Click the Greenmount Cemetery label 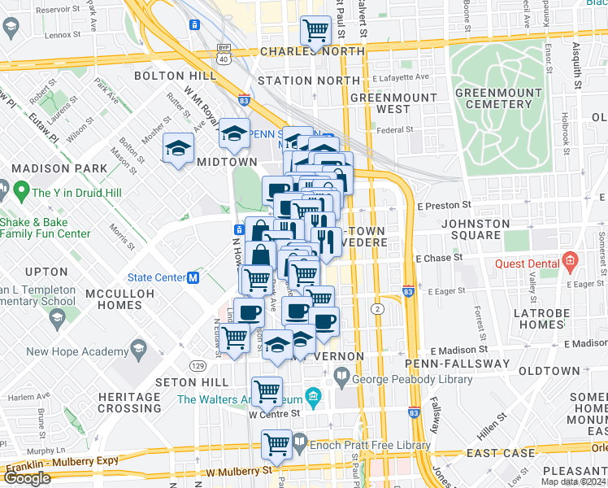(493, 98)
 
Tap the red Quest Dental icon (570, 264)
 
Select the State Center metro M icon (193, 277)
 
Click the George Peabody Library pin (340, 377)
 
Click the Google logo (27, 478)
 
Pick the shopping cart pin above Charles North (315, 31)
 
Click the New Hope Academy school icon (139, 351)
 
